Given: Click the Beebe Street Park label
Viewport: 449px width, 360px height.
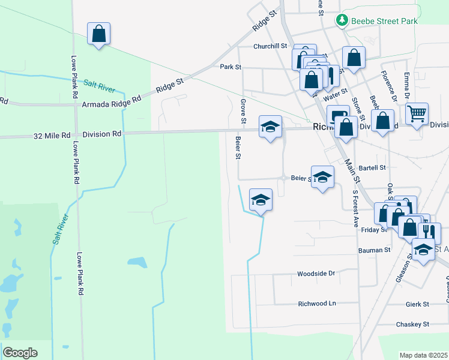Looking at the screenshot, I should (x=384, y=21).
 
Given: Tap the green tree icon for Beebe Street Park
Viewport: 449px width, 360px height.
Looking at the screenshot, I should (x=342, y=21).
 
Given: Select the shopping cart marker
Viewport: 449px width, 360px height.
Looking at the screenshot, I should (x=417, y=113).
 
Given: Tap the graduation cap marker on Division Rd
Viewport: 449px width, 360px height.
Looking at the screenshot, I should (x=270, y=127).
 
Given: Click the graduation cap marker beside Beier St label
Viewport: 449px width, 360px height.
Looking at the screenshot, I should (x=322, y=178).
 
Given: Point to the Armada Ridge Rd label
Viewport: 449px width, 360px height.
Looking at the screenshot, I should (x=106, y=105).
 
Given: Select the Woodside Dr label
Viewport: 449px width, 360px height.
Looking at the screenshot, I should (x=316, y=274).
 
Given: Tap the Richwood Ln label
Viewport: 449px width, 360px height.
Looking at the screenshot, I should (x=317, y=304).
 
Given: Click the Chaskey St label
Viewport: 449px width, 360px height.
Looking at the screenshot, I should (x=412, y=324).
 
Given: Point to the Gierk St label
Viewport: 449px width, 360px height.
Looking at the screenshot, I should (x=417, y=304).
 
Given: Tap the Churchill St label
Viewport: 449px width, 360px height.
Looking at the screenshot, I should (x=271, y=46).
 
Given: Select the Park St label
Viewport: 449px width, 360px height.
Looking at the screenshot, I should (x=230, y=67).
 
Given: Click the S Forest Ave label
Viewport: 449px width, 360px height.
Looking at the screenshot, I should (x=355, y=206).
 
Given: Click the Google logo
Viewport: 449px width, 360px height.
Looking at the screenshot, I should (x=20, y=353).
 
